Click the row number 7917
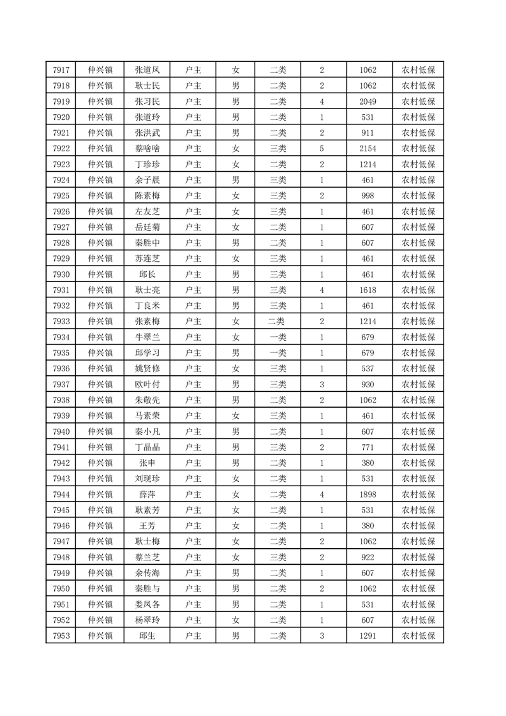tap(61, 70)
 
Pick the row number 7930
tap(61, 274)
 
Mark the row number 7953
tap(61, 636)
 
